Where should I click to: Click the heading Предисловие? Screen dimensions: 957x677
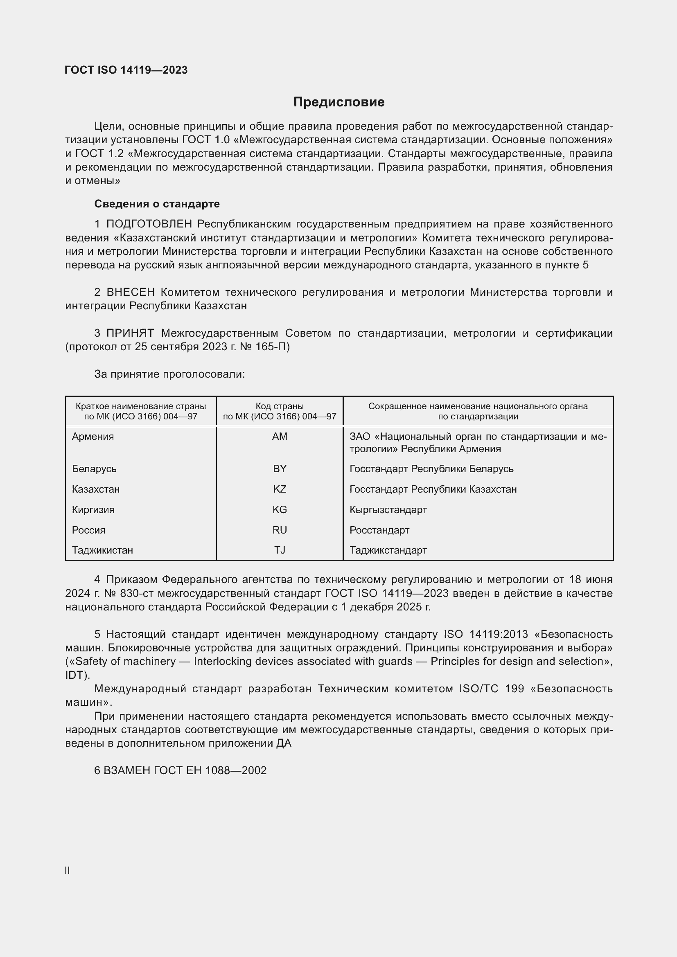coord(338,102)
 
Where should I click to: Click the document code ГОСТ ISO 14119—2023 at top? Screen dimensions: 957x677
coord(126,70)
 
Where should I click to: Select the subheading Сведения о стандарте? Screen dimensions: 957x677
coord(157,204)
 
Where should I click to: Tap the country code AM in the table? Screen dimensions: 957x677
coord(279,437)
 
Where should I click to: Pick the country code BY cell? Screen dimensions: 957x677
coord(279,469)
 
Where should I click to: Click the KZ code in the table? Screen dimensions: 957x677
coord(279,489)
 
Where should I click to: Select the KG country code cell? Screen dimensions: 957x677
coord(279,510)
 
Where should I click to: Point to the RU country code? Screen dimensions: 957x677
coord(279,530)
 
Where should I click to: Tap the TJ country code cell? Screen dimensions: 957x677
coord(279,550)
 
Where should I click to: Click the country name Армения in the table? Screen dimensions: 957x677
coord(93,437)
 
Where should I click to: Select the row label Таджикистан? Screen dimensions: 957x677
coord(102,550)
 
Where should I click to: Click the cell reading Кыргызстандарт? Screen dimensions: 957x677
coord(388,510)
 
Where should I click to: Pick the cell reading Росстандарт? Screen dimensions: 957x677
coord(379,530)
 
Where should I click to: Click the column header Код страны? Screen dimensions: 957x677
coord(279,406)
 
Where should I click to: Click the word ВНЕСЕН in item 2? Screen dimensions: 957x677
coord(131,292)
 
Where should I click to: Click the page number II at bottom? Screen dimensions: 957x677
coord(67,871)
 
